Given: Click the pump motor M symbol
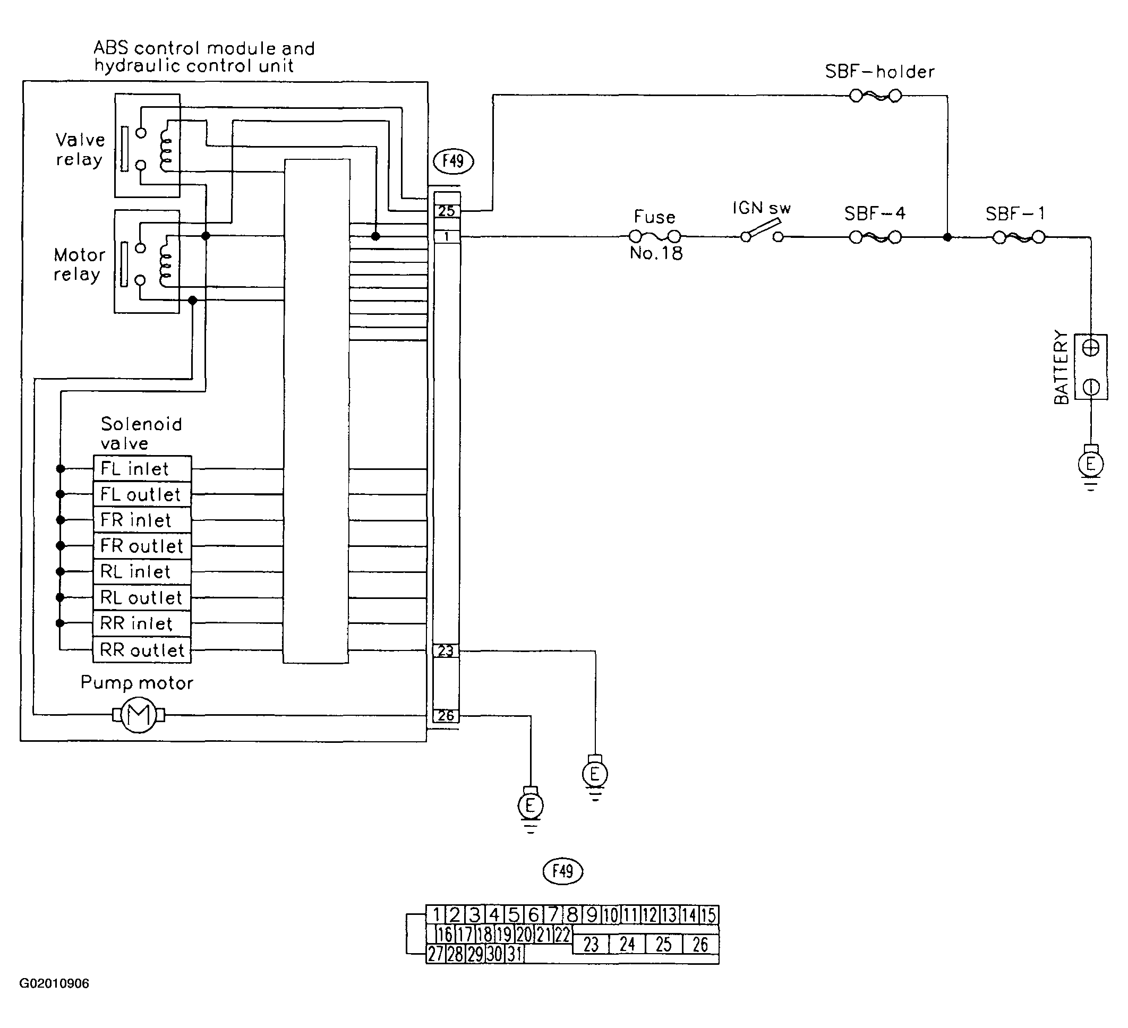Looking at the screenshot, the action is (139, 715).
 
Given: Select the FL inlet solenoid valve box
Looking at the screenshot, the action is (142, 469).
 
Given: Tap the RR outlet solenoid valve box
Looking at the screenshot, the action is (142, 650).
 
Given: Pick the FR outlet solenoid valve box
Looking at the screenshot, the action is (142, 546).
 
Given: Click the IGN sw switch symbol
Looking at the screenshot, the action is (762, 233).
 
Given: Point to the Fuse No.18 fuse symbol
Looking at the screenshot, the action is (655, 237).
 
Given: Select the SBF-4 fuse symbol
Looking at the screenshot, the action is (875, 237).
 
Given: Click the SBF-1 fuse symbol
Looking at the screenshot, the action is (1019, 237).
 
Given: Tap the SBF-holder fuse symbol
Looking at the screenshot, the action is (875, 96).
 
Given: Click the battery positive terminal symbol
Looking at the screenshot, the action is (1090, 348).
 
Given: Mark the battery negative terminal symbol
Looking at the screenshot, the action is (1090, 387).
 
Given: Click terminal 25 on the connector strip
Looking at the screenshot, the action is (447, 211).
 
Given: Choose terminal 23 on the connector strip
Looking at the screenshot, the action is (446, 650).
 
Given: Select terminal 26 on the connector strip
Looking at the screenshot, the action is (446, 715).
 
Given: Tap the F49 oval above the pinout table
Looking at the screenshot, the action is (563, 871).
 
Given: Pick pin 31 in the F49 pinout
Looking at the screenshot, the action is (515, 954).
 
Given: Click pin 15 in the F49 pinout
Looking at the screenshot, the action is (708, 915).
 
